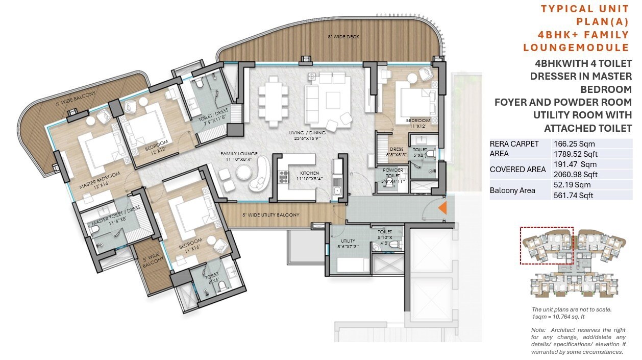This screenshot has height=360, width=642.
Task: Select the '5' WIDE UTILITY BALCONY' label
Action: coord(270,215)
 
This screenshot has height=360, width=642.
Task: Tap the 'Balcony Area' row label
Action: coord(511,190)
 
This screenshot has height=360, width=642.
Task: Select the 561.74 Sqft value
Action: coord(574,195)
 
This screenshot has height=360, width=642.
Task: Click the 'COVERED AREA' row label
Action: coord(515,170)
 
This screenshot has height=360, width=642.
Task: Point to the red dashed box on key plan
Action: coord(547,246)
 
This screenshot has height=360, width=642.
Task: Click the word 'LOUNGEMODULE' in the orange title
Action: coord(576,48)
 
